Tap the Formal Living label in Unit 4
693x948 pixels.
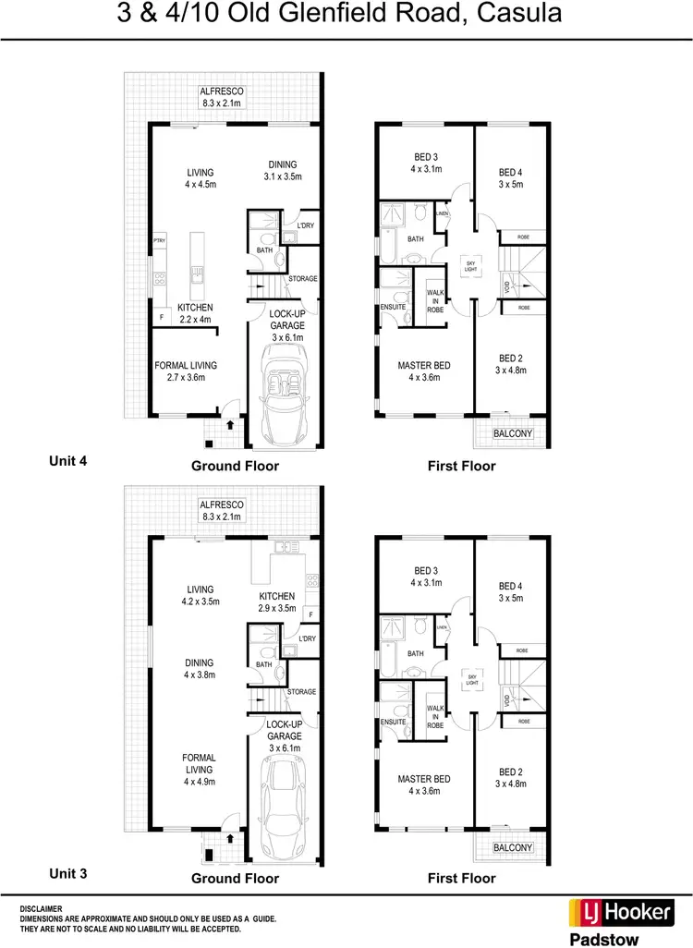coord(186,371)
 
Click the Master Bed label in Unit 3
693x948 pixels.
coord(424,784)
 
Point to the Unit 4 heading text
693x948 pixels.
coord(67,458)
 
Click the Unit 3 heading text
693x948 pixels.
coord(67,871)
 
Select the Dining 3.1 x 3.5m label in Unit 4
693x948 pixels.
coord(283,171)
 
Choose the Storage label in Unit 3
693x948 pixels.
coord(302,691)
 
